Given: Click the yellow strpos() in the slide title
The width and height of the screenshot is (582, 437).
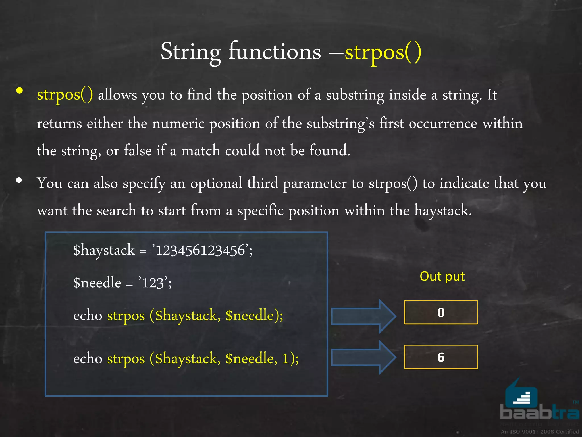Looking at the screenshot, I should tap(383, 52).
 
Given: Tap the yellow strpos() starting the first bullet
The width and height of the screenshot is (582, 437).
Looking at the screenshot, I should tap(65, 94).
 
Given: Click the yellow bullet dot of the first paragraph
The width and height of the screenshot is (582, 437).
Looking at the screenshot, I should tap(20, 91).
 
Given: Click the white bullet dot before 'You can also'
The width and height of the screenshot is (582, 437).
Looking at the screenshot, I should tap(19, 180).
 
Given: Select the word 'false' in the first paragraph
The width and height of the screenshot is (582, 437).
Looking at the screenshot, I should tap(138, 150).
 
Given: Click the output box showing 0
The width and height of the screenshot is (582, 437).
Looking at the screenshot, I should tap(441, 312).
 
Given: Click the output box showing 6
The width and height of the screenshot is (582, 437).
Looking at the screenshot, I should tap(441, 357).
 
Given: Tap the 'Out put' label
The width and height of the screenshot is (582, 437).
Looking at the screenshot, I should tap(442, 276).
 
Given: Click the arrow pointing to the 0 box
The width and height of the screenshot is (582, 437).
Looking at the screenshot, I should tap(363, 316).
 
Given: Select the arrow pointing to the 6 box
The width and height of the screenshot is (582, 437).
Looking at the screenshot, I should tap(363, 358).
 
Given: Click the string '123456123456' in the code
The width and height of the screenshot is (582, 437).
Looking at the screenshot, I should tap(200, 251).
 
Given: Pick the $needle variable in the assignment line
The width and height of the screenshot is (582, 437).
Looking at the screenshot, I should tap(97, 283).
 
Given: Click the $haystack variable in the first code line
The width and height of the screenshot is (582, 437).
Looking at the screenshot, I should tap(104, 251).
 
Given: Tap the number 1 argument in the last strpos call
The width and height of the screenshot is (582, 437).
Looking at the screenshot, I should tap(286, 358).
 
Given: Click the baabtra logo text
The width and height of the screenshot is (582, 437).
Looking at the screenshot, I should tap(539, 412).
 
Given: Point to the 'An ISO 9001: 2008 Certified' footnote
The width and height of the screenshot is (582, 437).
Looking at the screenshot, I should tap(539, 432).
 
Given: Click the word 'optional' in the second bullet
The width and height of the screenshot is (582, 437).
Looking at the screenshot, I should tap(216, 183).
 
